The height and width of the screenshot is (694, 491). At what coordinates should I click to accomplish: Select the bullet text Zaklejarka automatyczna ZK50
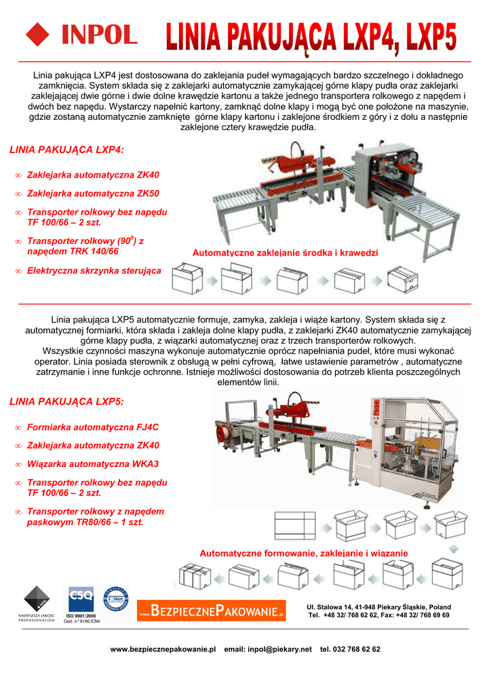point(93,193)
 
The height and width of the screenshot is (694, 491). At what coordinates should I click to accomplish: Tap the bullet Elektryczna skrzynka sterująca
point(94,270)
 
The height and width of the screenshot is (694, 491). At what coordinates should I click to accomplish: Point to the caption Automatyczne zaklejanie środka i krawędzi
point(285,253)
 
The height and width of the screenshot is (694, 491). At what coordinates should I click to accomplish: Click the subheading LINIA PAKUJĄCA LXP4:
point(67,149)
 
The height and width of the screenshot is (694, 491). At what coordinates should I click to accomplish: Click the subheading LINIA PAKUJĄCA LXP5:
point(67,402)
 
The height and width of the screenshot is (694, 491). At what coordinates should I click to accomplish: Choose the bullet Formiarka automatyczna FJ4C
point(92,428)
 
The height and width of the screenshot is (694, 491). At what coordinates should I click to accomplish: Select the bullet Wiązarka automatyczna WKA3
point(92,464)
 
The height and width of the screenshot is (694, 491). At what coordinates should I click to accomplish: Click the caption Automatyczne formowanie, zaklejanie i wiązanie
point(304,554)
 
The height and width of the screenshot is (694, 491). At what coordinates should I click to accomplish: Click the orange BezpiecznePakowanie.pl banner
point(212,611)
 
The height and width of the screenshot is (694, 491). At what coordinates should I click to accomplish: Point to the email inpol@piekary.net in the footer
point(268,649)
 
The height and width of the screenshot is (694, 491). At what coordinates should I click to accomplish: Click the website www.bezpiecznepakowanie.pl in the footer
point(163,649)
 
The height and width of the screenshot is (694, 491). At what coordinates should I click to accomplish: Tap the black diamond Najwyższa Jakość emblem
point(37,598)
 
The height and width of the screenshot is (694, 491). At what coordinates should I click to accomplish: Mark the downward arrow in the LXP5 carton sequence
point(455,548)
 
